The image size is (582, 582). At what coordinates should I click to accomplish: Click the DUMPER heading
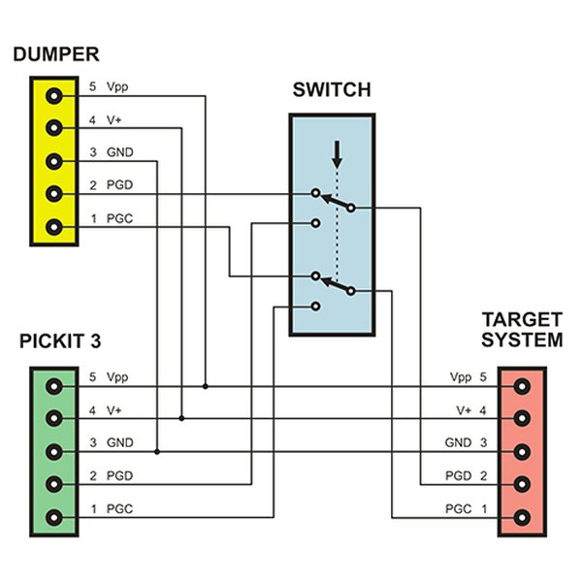tap(56, 54)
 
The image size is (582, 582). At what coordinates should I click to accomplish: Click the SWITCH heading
tap(331, 91)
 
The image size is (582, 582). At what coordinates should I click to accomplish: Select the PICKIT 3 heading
tap(59, 341)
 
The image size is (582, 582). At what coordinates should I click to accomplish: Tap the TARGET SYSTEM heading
tap(522, 329)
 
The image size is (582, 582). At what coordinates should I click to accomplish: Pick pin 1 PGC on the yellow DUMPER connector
tap(53, 228)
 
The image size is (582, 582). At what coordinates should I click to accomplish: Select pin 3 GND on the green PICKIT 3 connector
tap(53, 452)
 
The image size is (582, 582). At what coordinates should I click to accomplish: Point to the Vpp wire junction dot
tap(205, 386)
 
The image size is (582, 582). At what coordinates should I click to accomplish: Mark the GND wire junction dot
tap(157, 452)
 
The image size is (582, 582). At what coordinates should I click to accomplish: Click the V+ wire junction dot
tap(181, 419)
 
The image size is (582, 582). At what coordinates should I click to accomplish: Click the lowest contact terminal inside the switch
tap(316, 307)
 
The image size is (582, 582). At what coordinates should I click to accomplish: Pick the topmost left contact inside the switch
tap(316, 194)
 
